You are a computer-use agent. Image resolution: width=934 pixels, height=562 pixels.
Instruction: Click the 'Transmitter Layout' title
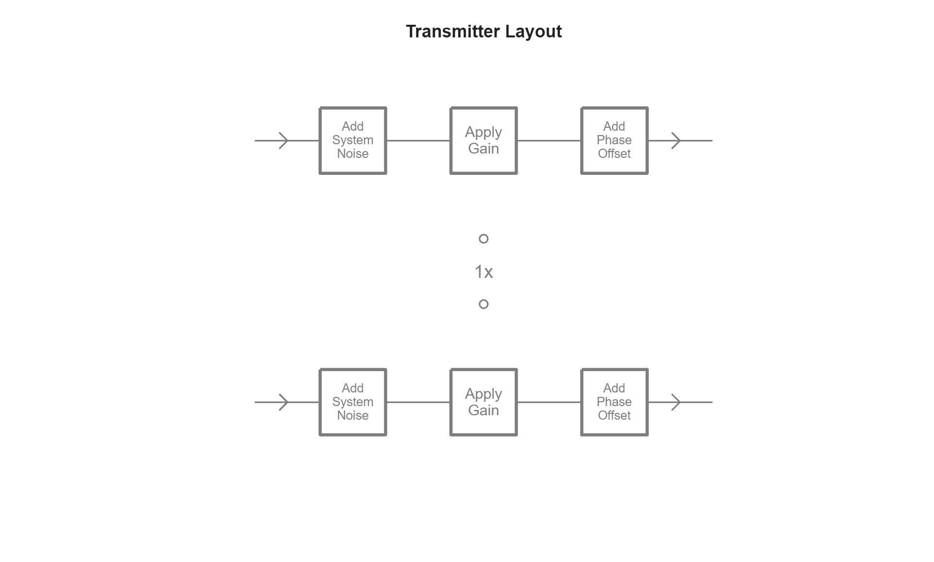tap(484, 32)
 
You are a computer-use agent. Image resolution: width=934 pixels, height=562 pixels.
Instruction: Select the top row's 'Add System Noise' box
tap(353, 140)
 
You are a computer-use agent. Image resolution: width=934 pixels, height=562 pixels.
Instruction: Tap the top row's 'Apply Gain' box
tap(484, 140)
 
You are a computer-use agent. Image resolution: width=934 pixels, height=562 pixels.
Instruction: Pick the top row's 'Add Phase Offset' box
tap(614, 140)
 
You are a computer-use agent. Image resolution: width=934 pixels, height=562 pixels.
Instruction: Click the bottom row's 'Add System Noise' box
tap(353, 402)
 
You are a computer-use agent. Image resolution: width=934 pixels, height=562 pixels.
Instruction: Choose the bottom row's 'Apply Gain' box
tap(484, 402)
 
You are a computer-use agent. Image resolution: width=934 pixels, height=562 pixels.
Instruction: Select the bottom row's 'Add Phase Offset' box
tap(614, 402)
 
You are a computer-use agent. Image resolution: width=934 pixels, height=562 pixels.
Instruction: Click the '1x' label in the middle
tap(484, 272)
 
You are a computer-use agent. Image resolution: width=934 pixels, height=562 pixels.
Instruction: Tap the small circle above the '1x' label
tap(484, 238)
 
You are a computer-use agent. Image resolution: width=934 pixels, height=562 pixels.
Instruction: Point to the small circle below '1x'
tap(484, 304)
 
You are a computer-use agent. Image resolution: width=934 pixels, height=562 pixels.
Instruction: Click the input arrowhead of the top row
tap(284, 141)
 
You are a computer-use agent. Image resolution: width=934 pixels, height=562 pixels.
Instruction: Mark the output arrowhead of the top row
tap(676, 141)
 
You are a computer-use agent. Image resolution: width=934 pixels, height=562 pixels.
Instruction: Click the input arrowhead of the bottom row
tap(284, 402)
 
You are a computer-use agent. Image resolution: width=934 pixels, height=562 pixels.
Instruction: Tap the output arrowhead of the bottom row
tap(676, 402)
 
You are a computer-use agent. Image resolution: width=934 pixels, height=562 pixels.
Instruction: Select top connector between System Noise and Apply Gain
tap(418, 141)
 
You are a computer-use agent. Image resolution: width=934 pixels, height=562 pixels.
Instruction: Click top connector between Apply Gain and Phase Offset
tap(549, 141)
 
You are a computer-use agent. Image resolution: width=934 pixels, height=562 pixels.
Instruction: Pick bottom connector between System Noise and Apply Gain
tap(418, 402)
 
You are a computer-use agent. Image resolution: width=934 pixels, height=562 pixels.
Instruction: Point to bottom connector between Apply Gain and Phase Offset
tap(549, 402)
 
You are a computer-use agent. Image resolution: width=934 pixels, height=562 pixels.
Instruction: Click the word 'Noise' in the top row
tap(353, 154)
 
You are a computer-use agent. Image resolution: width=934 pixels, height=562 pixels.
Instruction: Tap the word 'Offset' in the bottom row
tap(614, 416)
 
